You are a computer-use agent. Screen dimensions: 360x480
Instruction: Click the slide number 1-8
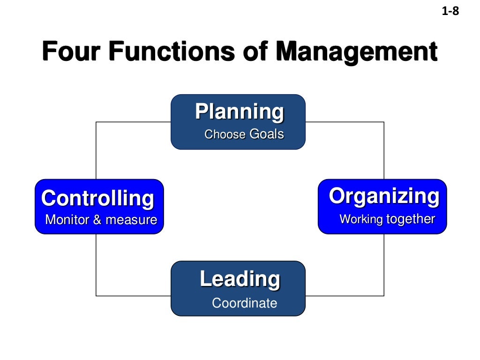point(450,11)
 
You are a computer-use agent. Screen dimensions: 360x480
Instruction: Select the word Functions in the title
point(172,52)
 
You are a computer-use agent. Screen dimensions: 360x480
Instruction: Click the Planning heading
point(239,112)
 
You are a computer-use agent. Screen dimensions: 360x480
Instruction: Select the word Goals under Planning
point(267,135)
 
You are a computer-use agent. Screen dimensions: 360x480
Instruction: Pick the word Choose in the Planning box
point(225,135)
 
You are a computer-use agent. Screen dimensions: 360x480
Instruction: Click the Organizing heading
point(384,196)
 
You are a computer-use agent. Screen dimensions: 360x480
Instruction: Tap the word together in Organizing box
point(411,219)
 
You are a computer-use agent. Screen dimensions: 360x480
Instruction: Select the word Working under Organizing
point(361,219)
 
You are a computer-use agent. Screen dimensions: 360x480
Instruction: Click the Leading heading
point(240,279)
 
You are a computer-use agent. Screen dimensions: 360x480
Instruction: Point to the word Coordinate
point(244,303)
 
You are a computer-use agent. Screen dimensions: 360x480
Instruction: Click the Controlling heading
point(97,198)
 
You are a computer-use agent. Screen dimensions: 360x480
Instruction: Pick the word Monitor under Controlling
point(67,220)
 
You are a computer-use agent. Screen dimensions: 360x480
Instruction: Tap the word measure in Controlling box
point(131,220)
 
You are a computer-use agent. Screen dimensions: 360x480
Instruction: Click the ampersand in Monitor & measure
point(97,220)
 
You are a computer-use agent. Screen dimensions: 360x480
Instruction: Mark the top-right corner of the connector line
point(384,122)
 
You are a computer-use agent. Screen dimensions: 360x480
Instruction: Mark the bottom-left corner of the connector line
point(96,296)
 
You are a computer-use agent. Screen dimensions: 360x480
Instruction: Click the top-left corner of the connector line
point(96,122)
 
